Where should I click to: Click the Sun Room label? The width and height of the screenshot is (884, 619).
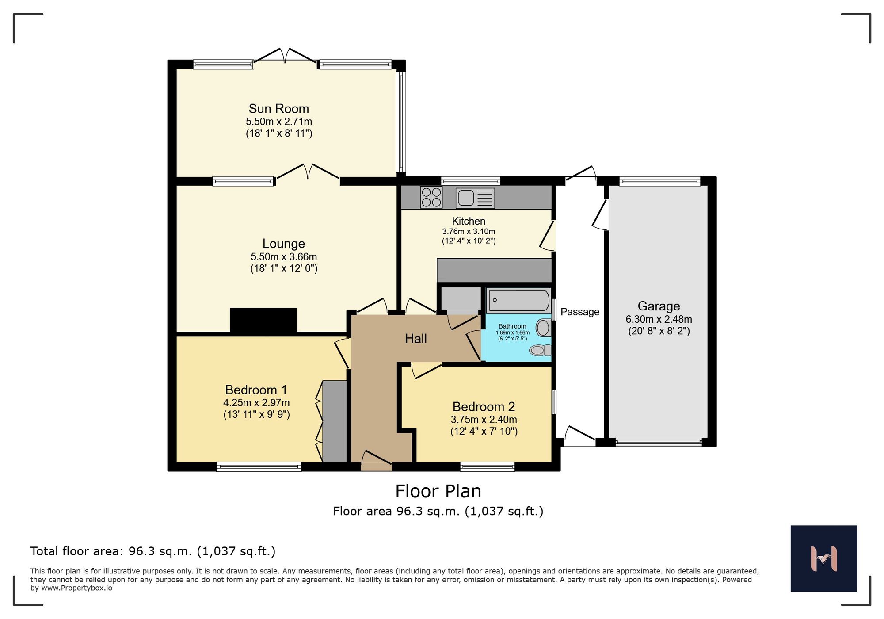coord(278,109)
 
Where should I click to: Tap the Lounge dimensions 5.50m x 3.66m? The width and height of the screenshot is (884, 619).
coord(283,256)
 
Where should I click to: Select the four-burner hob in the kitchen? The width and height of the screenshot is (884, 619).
coord(431,197)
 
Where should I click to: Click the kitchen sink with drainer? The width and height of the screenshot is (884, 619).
coord(475,198)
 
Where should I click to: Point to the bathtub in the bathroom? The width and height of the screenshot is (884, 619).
coord(518,300)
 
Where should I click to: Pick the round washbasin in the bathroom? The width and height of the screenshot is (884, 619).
coord(543,328)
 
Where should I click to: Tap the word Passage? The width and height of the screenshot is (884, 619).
coord(579,312)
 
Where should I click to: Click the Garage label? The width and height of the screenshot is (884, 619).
coord(658,306)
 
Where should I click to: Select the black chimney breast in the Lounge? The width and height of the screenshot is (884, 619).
coord(263,320)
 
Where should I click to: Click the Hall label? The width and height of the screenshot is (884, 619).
coord(415,339)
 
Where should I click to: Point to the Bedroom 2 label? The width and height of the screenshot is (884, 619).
coord(484,406)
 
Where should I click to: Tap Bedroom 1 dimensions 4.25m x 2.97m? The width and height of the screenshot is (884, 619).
coord(256,403)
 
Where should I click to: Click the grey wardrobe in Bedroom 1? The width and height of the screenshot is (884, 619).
coord(335,421)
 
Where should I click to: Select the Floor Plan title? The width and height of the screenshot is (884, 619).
coord(438,491)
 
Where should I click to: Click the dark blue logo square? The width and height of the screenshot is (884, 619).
coord(823,558)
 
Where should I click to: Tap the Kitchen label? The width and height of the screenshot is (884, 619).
coord(469,221)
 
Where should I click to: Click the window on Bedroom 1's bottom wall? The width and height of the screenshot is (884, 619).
coord(259,466)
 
